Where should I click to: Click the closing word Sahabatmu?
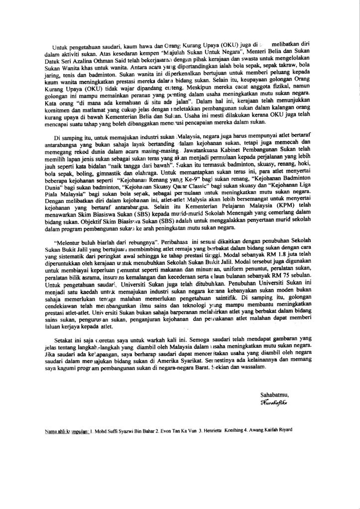274,395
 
